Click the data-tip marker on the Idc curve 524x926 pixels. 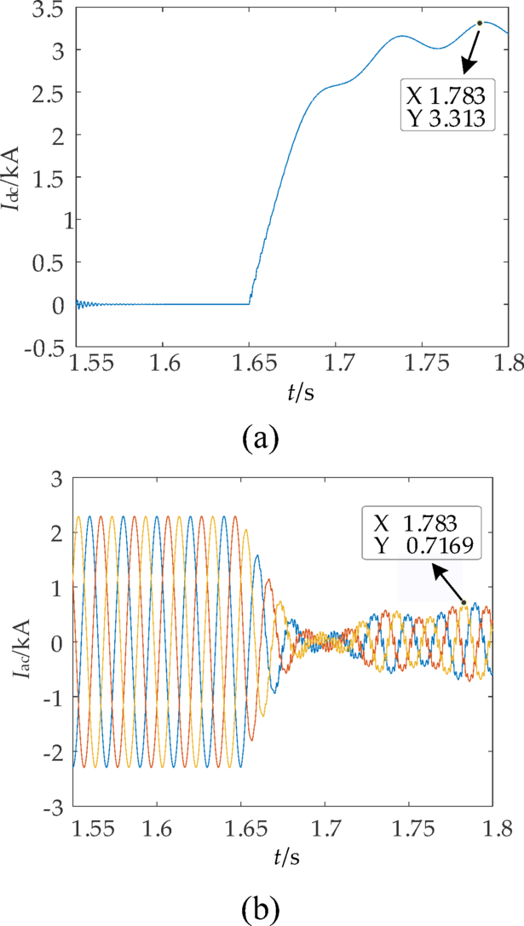(480, 23)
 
